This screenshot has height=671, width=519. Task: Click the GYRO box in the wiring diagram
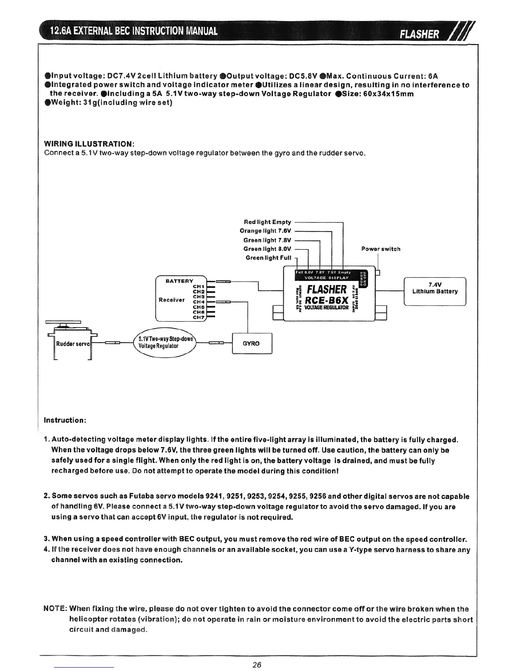coord(251,344)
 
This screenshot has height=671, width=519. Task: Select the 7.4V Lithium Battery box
coord(435,291)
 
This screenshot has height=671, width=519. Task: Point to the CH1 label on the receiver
coord(199,286)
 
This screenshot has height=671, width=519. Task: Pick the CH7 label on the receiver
coord(199,317)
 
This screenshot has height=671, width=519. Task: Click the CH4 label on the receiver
coord(199,302)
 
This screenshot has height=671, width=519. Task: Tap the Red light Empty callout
coord(267,222)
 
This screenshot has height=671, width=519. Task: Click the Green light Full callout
coord(268,258)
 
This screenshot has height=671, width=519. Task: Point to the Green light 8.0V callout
coord(267,249)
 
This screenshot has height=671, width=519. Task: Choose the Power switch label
coord(380,249)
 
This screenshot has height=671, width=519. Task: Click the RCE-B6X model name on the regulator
coord(327,300)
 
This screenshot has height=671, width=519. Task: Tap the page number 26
coord(257,664)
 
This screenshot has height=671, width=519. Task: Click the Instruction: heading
coord(65,420)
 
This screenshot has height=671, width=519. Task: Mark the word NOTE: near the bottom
coord(56,609)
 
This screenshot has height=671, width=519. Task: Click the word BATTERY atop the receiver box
coord(179,281)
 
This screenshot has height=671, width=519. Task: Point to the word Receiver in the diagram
coord(171,300)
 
